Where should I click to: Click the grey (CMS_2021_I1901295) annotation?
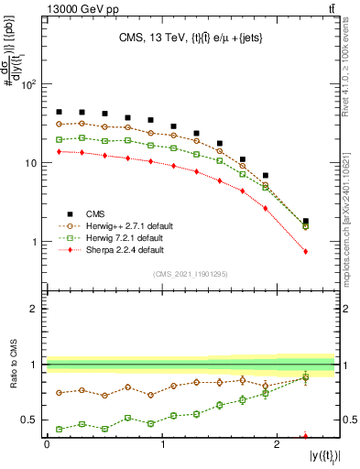pos(191,274)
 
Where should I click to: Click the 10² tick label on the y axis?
pos(27,84)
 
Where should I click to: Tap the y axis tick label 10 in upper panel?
pos(29,163)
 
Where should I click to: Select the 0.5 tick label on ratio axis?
pos(29,420)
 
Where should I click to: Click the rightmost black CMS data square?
pos(306,221)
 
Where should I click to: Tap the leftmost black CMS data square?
pos(59,112)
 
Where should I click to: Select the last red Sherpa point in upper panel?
pos(306,251)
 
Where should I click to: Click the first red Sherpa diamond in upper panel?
pos(59,151)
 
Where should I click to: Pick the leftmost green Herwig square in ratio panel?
pos(59,429)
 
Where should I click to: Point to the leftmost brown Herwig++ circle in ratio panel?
pos(59,393)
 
